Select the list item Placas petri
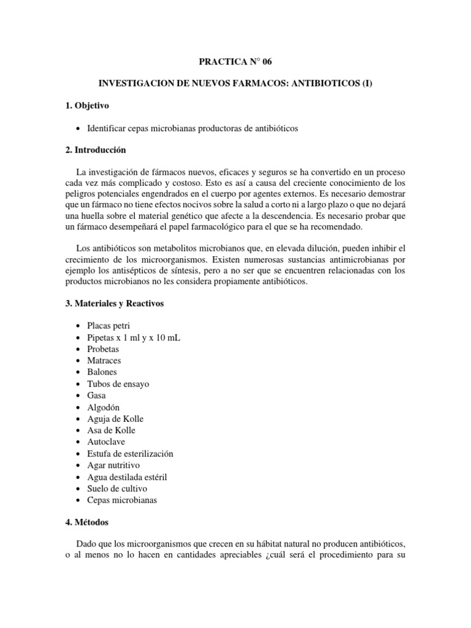(109, 326)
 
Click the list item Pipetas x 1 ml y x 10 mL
(134, 337)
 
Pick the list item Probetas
(103, 349)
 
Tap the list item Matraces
(104, 361)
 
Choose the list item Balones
(102, 372)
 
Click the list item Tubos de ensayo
(118, 384)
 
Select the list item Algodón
(104, 407)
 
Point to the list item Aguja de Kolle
(115, 419)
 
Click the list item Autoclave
(105, 442)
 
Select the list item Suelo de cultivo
(118, 488)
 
